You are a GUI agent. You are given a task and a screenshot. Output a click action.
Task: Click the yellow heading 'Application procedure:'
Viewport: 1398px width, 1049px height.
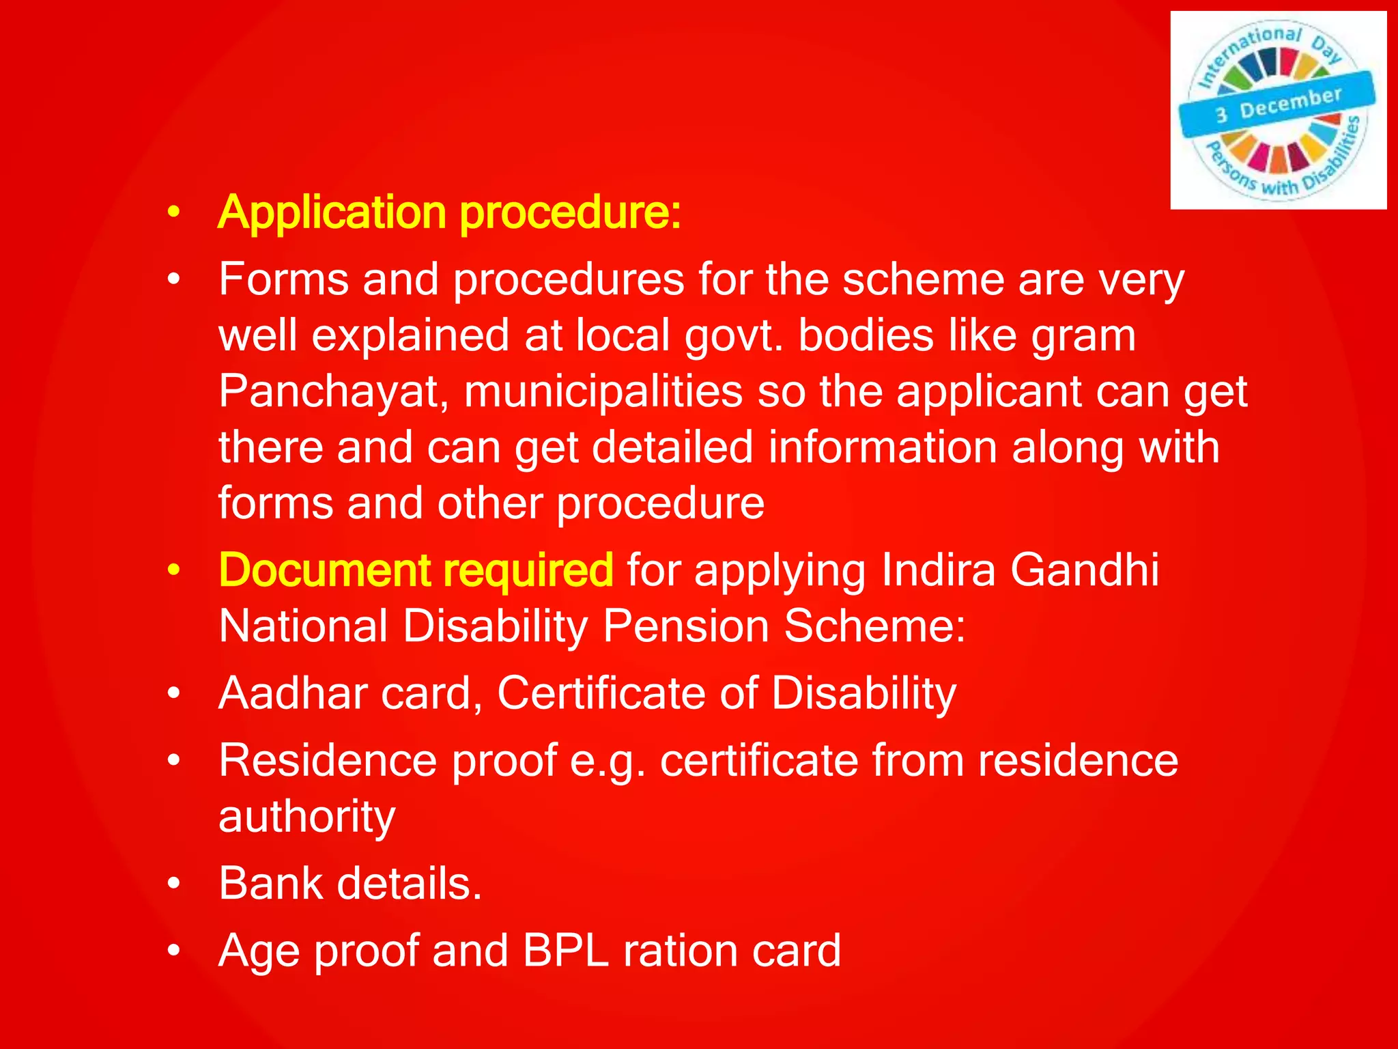[449, 213]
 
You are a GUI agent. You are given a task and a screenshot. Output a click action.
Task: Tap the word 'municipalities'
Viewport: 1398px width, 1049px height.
[603, 392]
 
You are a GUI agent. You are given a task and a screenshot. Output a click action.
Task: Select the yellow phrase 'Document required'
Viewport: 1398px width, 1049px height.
[416, 570]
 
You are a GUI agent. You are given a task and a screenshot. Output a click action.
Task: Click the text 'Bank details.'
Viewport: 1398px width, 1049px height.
[350, 884]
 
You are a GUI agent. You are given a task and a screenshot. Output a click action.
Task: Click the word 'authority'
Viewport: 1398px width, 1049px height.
[306, 817]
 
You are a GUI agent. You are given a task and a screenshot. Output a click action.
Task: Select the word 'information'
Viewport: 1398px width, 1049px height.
[883, 448]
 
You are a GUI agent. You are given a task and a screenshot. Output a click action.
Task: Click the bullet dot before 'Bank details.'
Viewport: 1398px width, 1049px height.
[174, 884]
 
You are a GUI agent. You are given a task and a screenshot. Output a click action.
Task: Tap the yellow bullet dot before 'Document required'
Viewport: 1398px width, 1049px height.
[174, 571]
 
